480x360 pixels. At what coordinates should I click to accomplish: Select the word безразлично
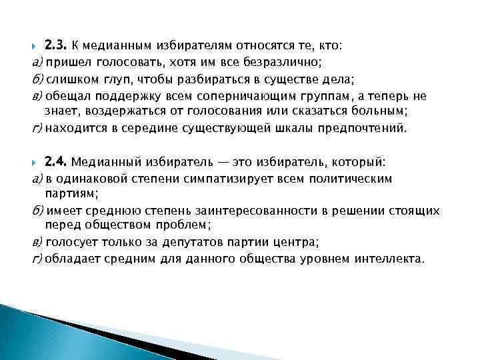289,63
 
